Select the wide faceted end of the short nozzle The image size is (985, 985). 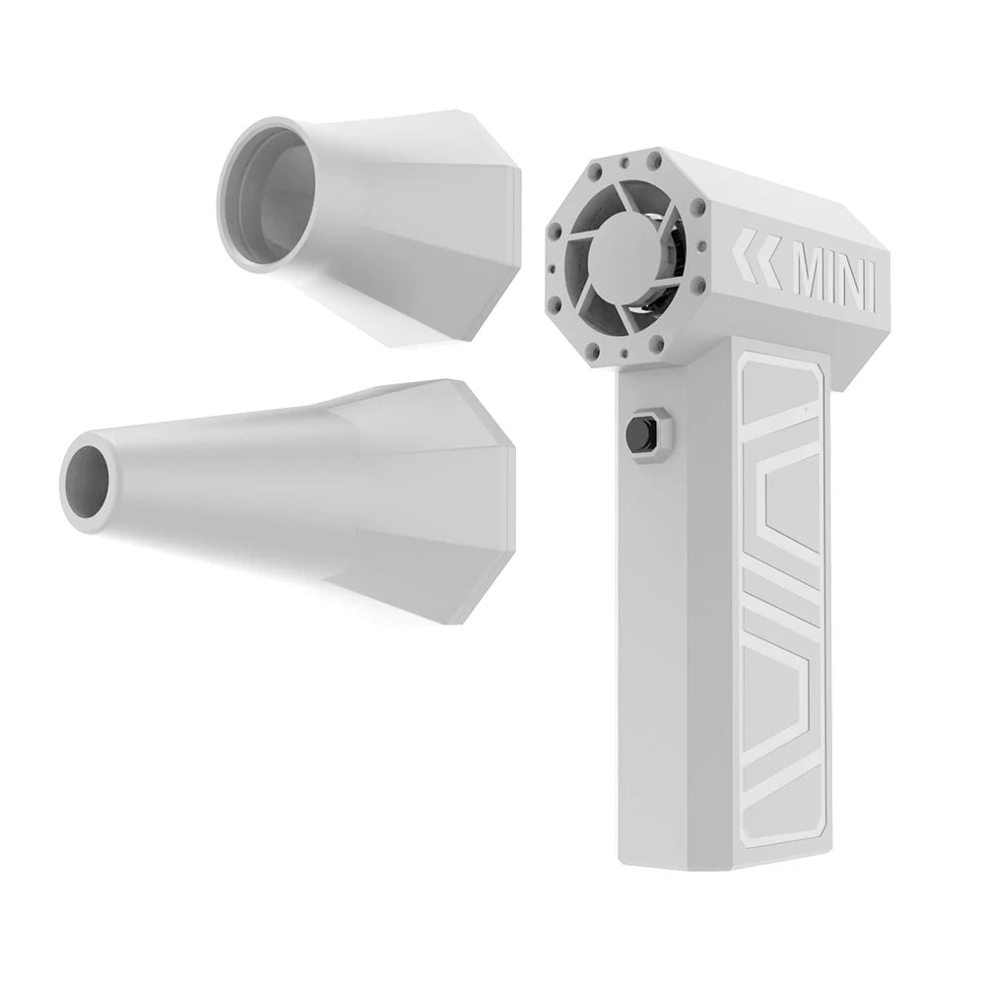point(492,227)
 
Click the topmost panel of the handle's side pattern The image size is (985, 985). point(783,394)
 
